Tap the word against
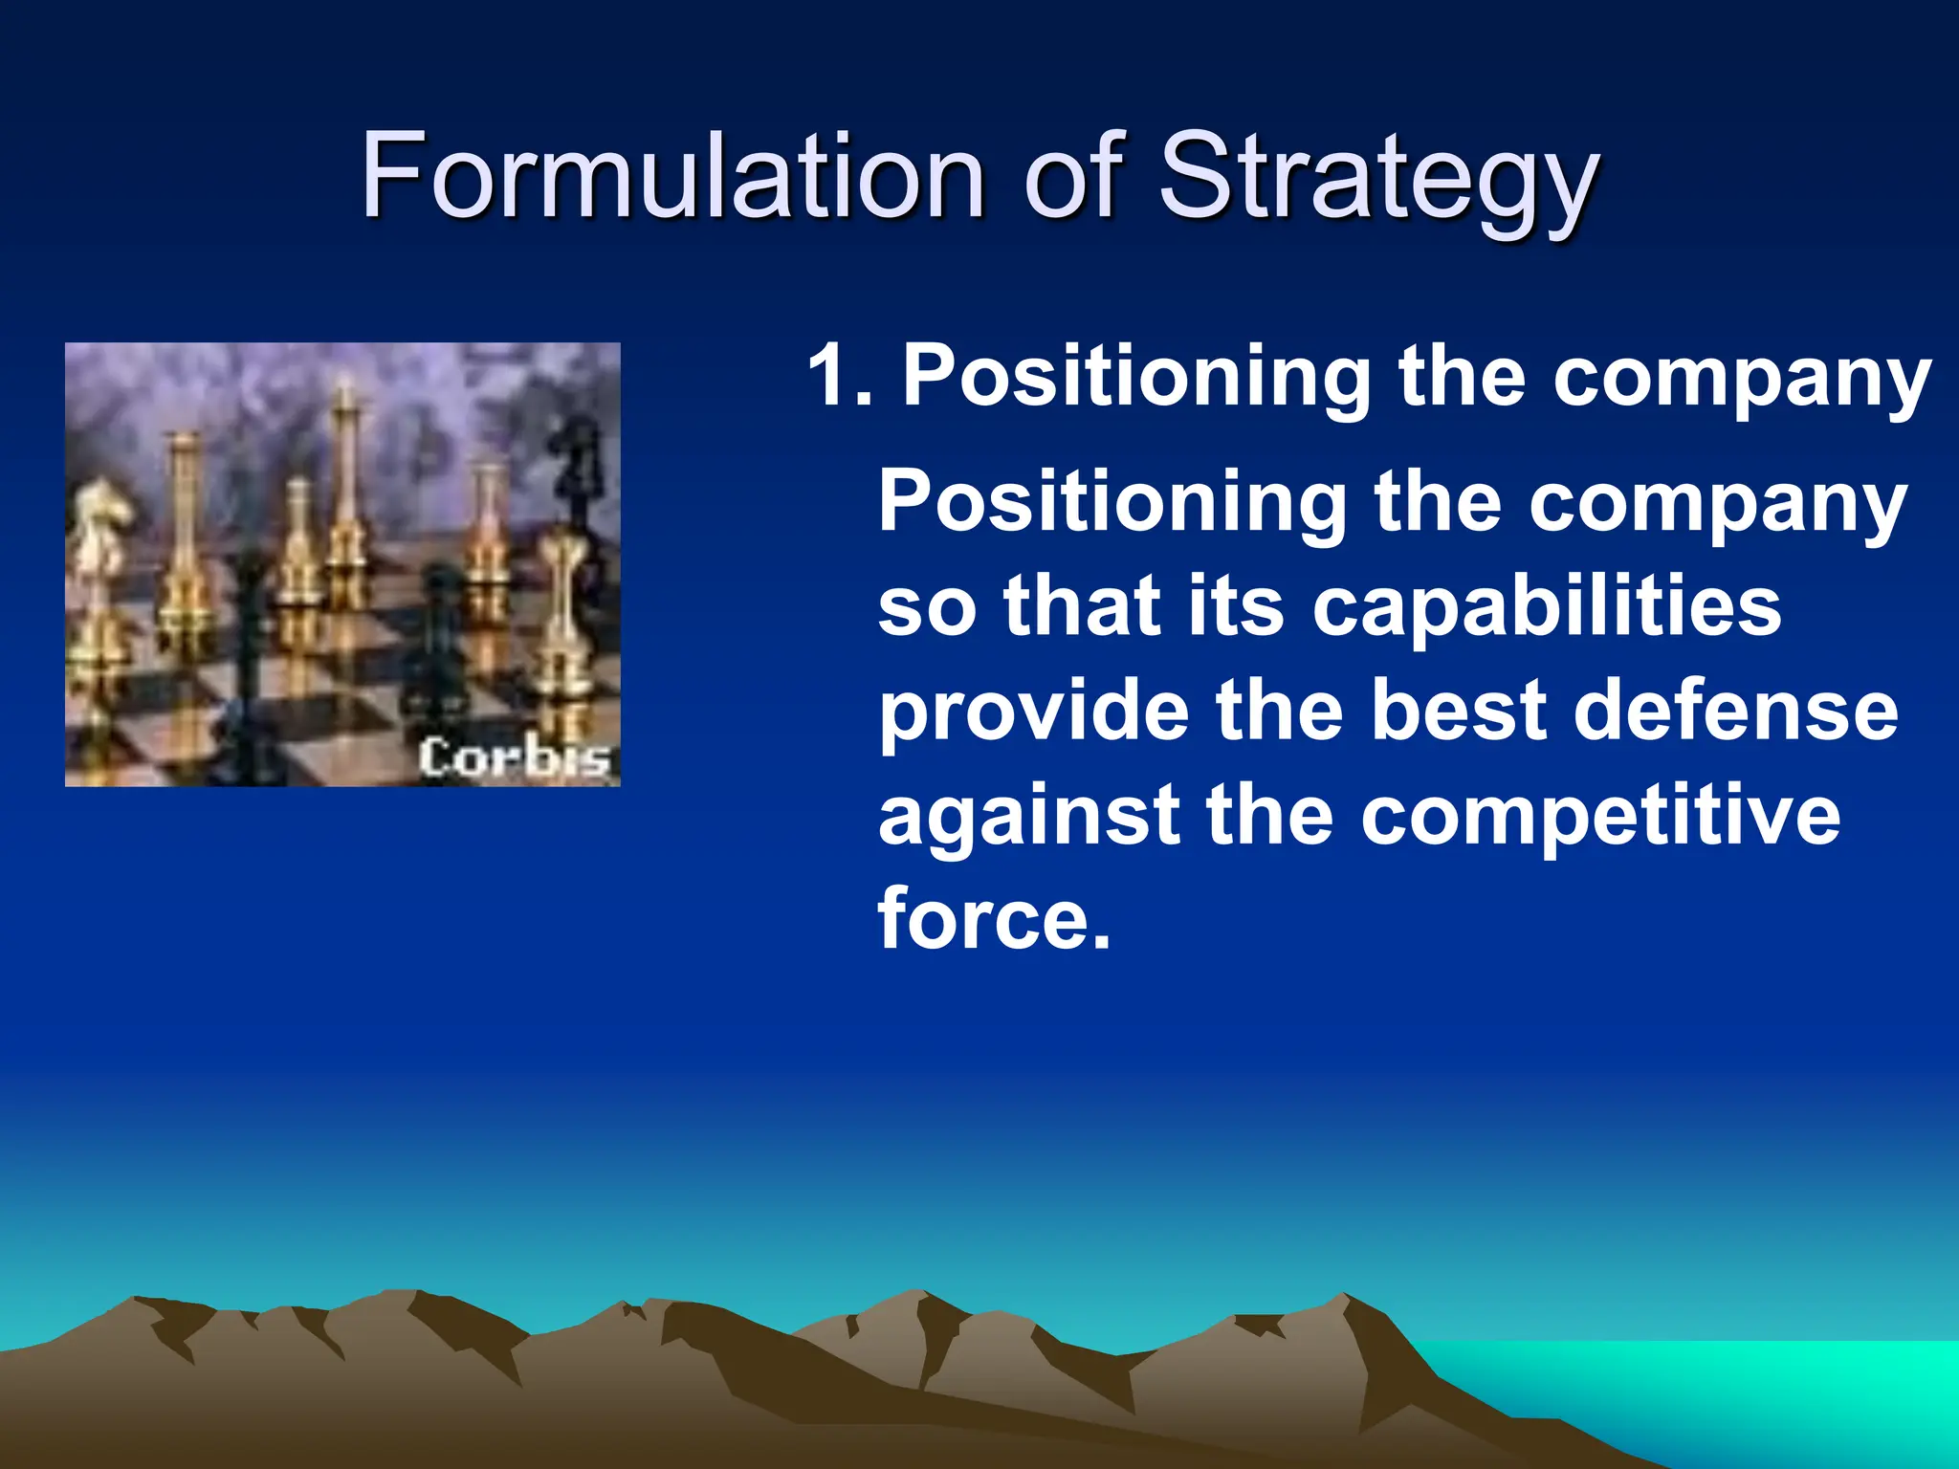[x=1028, y=818]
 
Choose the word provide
[x=1034, y=713]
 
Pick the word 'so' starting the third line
[x=927, y=608]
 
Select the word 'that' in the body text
[x=1082, y=606]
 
